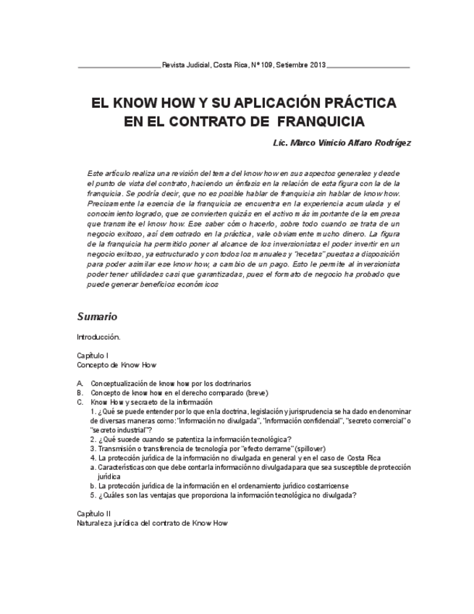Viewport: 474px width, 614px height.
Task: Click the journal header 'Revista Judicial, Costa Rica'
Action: point(205,65)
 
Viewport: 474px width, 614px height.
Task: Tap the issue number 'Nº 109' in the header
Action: point(264,65)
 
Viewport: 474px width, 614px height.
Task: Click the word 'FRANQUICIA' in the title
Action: point(318,121)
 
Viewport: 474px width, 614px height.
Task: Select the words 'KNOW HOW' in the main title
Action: point(148,102)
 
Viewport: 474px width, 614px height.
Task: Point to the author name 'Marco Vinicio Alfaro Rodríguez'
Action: point(350,143)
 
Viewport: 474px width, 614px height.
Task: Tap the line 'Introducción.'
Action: point(98,337)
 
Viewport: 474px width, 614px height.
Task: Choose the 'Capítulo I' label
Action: point(93,356)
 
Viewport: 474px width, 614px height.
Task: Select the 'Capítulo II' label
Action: point(94,513)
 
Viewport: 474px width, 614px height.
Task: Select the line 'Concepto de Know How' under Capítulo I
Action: point(117,365)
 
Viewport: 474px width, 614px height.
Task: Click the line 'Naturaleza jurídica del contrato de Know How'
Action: point(156,521)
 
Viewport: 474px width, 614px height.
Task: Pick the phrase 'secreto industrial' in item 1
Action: point(117,429)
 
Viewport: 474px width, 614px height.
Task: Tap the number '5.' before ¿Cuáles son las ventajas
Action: point(94,495)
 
